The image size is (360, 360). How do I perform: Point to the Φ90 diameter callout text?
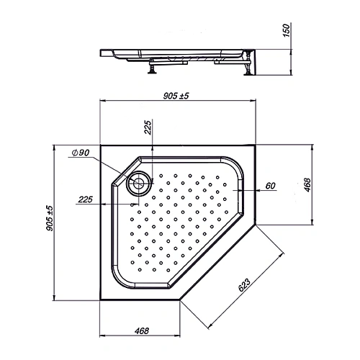click(x=80, y=153)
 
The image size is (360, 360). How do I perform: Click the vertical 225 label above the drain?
click(x=148, y=130)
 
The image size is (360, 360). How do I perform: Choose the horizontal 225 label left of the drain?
click(x=84, y=200)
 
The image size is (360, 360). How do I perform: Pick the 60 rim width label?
click(x=271, y=186)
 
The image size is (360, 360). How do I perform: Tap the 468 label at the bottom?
click(x=141, y=331)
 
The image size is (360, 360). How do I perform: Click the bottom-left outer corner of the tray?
click(x=99, y=301)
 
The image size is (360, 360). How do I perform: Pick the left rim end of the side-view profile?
click(x=99, y=51)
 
